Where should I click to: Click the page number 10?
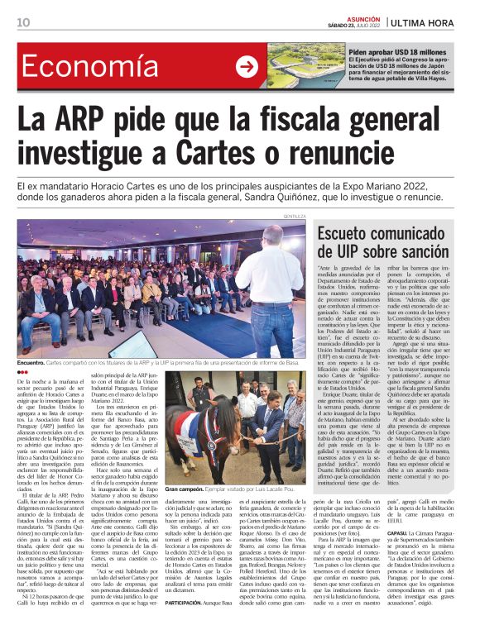pos(22,21)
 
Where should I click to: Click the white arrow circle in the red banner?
pos(247,67)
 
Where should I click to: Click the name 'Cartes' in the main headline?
pos(220,155)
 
